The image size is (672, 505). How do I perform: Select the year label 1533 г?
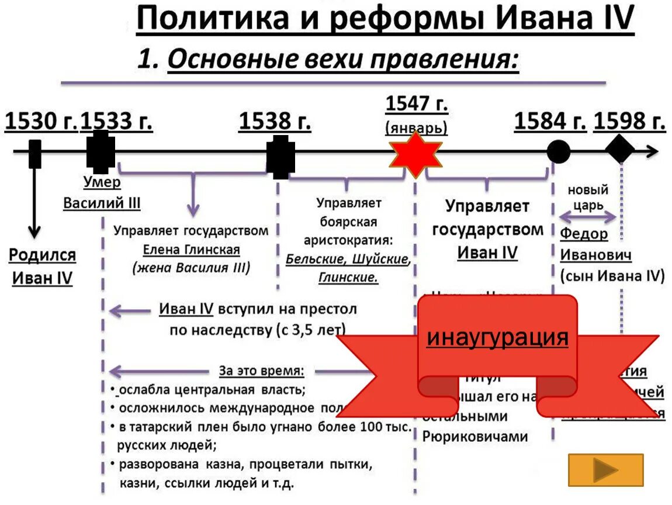tap(116, 122)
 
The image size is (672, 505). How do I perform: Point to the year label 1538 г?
tap(275, 122)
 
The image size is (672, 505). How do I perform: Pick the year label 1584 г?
tap(550, 122)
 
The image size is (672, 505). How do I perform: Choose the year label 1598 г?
tap(629, 122)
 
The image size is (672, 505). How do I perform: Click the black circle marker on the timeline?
tap(558, 153)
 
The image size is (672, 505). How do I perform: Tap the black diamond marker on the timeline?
tap(620, 150)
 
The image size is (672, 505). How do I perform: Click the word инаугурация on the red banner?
tap(497, 337)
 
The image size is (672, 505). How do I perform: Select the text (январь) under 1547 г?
tap(417, 127)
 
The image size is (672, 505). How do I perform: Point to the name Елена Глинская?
tap(192, 250)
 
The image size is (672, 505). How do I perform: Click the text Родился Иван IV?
tap(42, 266)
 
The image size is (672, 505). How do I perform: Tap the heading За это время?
tap(261, 371)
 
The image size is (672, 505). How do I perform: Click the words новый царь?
tap(588, 198)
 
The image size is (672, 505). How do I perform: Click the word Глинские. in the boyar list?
tap(348, 278)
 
